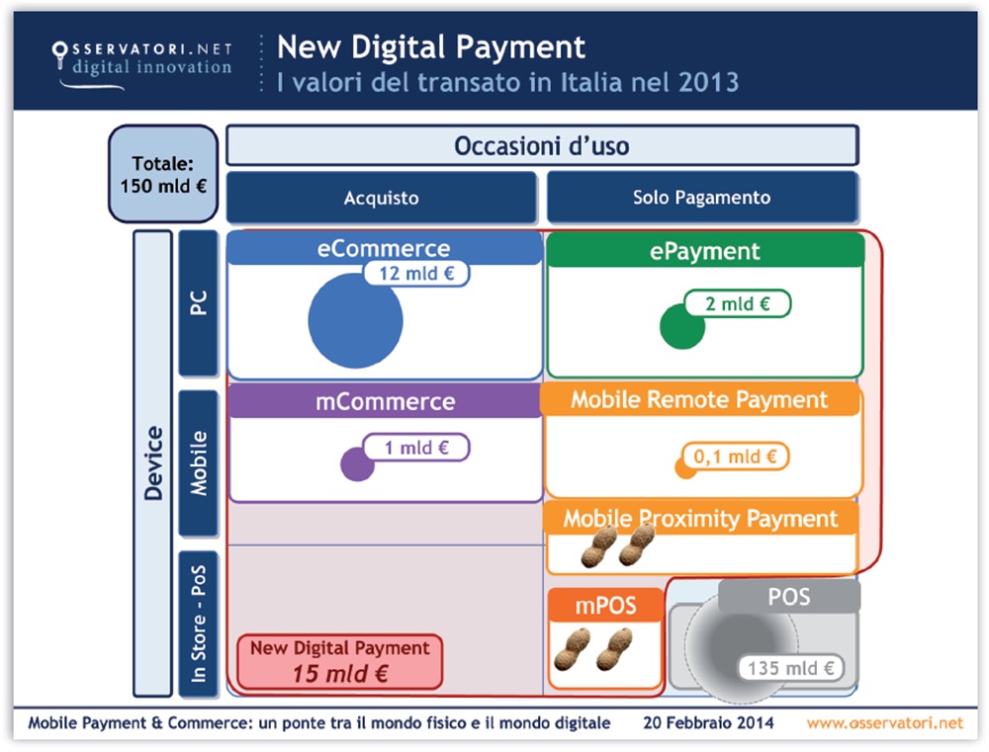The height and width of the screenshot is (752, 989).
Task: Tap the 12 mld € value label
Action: pos(416,273)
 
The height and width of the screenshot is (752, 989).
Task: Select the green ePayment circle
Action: pos(681,327)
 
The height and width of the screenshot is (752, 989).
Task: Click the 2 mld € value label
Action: pos(737,303)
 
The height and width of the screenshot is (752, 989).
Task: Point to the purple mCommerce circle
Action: pos(356,463)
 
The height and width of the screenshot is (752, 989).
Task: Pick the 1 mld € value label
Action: pos(416,448)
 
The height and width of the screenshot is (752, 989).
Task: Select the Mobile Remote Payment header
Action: pos(699,400)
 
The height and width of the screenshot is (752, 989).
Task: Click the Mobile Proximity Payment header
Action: pos(700,518)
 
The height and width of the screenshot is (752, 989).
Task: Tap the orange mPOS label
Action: pos(605,605)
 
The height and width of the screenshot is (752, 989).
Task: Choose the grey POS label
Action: pos(788,596)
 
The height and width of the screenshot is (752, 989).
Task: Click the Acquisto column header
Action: pos(381,198)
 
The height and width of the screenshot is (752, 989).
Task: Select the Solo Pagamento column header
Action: pos(701,198)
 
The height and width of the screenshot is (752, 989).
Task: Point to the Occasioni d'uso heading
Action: pos(541,146)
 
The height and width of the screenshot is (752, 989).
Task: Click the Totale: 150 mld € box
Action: pos(162,173)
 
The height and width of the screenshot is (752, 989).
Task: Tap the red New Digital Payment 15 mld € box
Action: pos(339,661)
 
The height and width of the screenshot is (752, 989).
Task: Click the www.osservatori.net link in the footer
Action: pos(884,722)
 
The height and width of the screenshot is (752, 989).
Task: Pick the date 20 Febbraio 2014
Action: pos(708,722)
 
